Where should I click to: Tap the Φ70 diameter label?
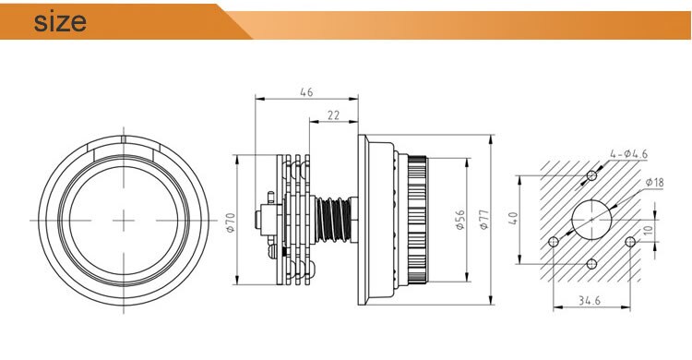(231, 222)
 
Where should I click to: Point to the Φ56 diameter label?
(459, 220)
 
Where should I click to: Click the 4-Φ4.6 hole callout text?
(628, 153)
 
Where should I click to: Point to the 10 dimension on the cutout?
(648, 231)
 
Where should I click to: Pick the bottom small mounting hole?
(591, 265)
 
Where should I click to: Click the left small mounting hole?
(553, 242)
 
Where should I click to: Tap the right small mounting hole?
(630, 242)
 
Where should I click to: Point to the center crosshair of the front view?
(123, 218)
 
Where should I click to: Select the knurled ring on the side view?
(412, 219)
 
